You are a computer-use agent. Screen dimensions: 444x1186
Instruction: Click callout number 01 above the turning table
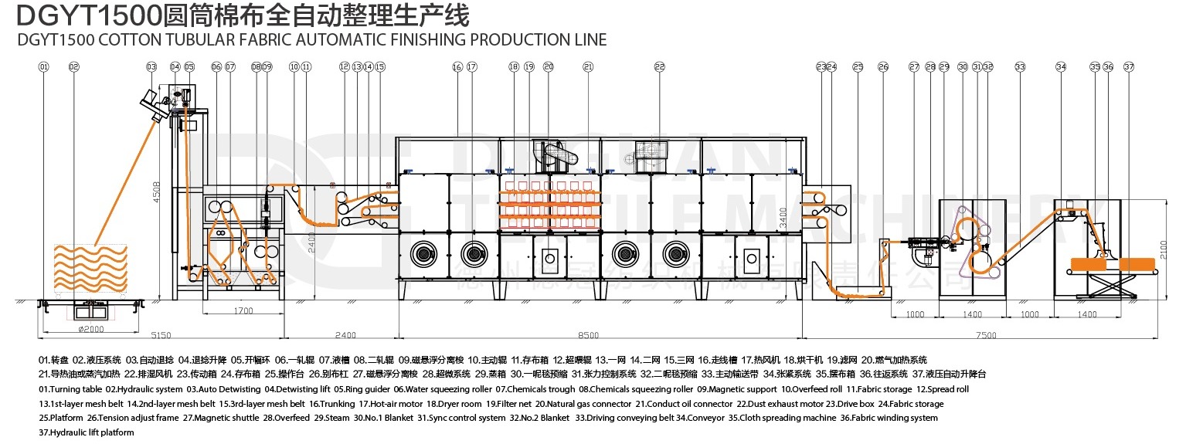[43, 67]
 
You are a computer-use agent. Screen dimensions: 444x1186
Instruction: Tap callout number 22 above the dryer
[659, 67]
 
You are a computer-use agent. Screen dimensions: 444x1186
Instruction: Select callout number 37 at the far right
[1129, 67]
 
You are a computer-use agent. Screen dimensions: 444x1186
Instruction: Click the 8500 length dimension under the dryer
[588, 336]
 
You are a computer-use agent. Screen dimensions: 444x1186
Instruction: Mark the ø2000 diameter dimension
[92, 329]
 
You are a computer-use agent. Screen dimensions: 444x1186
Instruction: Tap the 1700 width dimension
[242, 312]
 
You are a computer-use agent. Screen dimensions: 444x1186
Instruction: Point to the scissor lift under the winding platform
[1110, 286]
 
